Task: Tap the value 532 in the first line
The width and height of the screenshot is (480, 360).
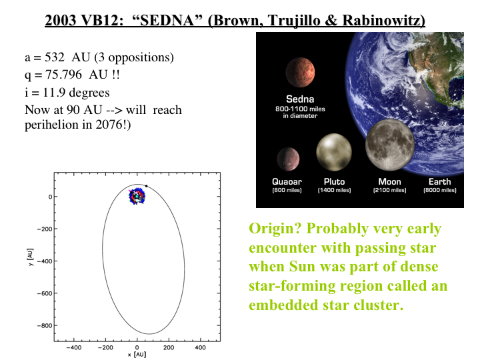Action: point(55,57)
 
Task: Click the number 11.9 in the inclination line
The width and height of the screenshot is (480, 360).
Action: point(54,93)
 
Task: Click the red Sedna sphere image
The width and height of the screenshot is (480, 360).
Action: point(300,72)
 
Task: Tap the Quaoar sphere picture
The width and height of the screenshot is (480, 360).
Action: point(288,159)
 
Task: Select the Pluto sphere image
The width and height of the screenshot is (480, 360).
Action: point(334,152)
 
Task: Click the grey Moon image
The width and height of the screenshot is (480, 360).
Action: point(390,145)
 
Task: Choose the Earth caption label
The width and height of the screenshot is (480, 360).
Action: point(439,181)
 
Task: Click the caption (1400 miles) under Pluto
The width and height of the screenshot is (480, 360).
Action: point(334,190)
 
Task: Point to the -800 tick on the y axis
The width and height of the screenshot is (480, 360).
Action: point(45,326)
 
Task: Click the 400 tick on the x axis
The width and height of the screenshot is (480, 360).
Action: point(200,347)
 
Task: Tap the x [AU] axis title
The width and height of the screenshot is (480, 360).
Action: point(137,355)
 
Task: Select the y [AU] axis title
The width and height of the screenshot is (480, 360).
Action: point(30,257)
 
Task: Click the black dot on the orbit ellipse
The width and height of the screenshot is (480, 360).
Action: point(146,186)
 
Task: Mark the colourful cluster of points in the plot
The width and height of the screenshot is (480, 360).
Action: point(137,196)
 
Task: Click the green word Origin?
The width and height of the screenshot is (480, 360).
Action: point(275,229)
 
